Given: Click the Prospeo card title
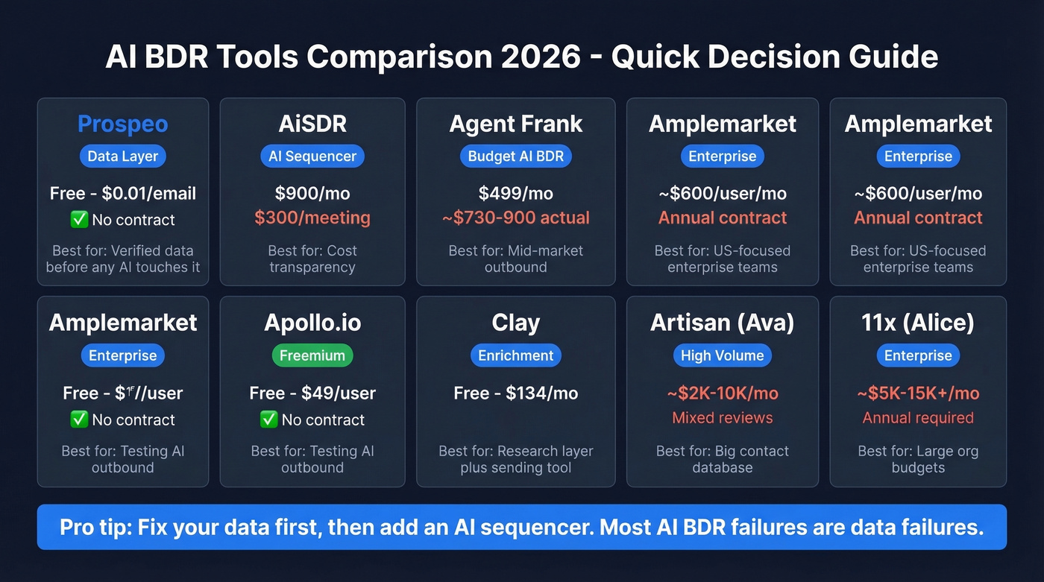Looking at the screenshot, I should (x=122, y=124).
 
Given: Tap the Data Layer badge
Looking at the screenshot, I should (x=122, y=156).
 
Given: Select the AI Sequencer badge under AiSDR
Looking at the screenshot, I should (x=312, y=156).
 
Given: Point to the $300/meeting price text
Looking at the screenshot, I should (x=312, y=218).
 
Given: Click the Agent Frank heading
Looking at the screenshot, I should (x=515, y=124).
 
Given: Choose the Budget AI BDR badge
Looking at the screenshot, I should (x=515, y=156).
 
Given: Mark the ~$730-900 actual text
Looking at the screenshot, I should (x=515, y=218).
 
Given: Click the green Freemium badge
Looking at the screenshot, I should (x=312, y=355).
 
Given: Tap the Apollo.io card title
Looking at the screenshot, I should (x=312, y=323).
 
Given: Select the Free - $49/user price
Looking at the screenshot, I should (x=312, y=393).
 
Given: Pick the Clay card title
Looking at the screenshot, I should (x=515, y=323).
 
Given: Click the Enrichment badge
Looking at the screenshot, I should (x=515, y=355).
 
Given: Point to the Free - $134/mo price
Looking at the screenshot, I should (x=515, y=393).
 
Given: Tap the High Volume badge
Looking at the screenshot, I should (x=722, y=355).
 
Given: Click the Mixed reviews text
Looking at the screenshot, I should (x=722, y=418).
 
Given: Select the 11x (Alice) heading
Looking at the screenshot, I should (x=918, y=323).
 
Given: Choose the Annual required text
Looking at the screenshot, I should (x=918, y=418).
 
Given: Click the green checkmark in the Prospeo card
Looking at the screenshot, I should (x=78, y=220).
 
